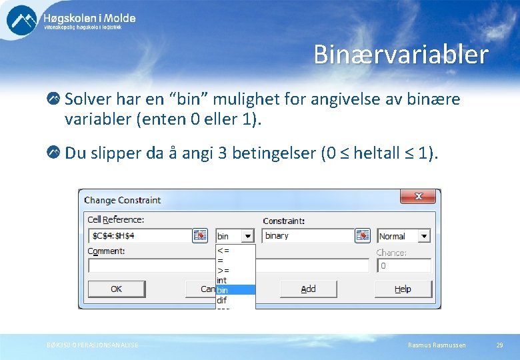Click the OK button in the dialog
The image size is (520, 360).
pos(116,289)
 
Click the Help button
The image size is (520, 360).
pos(403,289)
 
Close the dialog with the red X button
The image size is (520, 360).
pos(419,197)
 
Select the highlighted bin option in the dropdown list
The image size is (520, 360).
pos(235,290)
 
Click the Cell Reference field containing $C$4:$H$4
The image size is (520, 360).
pos(140,236)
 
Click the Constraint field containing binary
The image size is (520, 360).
pos(307,236)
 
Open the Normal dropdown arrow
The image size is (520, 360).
pos(424,236)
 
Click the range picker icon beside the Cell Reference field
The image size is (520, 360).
pos(200,236)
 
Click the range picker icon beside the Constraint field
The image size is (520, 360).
pos(362,236)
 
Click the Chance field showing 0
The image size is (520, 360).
pos(404,265)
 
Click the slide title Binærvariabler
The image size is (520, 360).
pos(401,55)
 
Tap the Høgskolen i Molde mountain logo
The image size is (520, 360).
pos(22,19)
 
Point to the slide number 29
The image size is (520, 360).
pos(499,345)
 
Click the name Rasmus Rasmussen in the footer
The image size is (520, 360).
pos(437,345)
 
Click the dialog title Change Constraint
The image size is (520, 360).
pos(123,200)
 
